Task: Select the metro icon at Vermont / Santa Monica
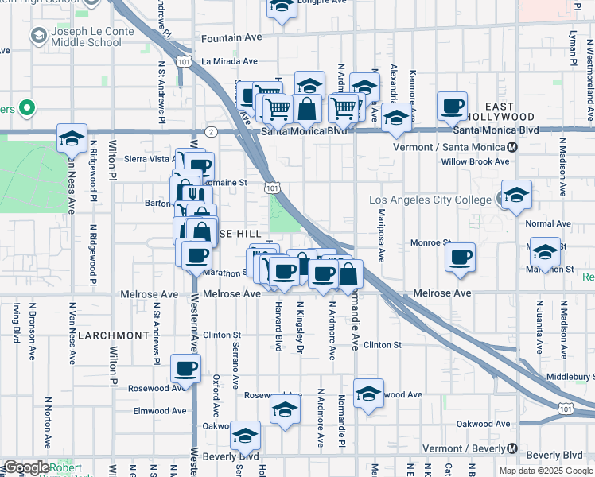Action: point(513,147)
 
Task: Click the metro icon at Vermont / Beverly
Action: point(512,448)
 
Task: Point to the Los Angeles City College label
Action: point(430,199)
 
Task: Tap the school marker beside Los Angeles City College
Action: point(515,196)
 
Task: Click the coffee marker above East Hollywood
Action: point(453,106)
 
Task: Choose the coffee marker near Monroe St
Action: point(460,256)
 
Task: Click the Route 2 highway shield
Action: point(211,131)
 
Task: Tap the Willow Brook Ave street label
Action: point(476,161)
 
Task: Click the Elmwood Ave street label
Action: point(160,411)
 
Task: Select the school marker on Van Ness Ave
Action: point(72,139)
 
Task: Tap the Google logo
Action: point(26,467)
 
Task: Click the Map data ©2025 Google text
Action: point(546,471)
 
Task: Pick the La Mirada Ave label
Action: point(229,60)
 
